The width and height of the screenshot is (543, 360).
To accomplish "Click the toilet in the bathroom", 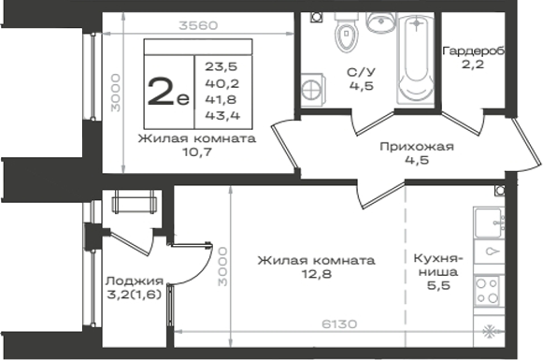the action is point(346,32).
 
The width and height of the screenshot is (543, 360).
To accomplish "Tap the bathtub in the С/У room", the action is point(415,59).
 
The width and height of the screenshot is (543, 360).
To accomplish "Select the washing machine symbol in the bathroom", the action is point(312,90).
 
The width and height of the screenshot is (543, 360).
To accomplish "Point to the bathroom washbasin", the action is point(380,22).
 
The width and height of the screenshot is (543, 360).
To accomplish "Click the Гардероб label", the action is point(474,50).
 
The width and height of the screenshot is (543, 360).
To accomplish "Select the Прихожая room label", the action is point(417,146).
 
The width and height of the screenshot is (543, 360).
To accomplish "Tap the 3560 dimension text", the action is point(198,25).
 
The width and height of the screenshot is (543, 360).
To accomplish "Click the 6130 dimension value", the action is point(339,324).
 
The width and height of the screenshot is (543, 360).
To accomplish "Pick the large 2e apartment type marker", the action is point(168,91).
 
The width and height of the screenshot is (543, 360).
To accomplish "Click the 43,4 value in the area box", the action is point(222,115).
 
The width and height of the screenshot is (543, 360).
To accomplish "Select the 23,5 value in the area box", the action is point(221,66).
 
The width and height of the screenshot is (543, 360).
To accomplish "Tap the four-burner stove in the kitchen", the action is point(489,291).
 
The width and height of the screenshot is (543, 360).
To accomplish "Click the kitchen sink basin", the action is point(489,223).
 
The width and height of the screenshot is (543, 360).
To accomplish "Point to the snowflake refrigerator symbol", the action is point(489,332).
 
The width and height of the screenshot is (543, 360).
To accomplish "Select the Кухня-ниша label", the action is point(438,265).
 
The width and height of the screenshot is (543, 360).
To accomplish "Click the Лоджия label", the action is point(135,281).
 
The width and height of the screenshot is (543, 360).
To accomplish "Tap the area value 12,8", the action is point(317,274).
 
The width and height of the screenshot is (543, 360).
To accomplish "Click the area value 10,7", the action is point(196,151).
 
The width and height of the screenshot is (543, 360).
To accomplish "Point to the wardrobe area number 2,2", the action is point(472,65).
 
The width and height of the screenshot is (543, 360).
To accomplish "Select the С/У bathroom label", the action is point(361,72).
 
